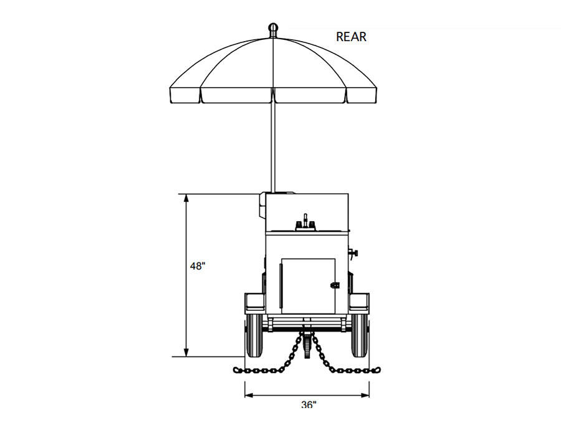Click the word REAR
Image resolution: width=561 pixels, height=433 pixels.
coord(351,37)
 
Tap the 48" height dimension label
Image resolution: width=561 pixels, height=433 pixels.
coord(198,266)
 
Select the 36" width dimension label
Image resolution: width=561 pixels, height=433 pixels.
coord(309,405)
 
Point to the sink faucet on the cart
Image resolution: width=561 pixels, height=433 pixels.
coord(306,222)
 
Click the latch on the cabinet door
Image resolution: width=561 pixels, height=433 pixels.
coord(335,283)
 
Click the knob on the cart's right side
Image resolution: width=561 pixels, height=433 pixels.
coord(355,253)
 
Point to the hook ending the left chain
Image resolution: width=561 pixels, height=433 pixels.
coord(237,370)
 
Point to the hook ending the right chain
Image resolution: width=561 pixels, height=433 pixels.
coord(376,370)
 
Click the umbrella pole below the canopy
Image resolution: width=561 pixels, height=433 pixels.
coord(273,143)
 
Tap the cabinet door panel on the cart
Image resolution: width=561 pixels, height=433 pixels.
coord(309,287)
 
